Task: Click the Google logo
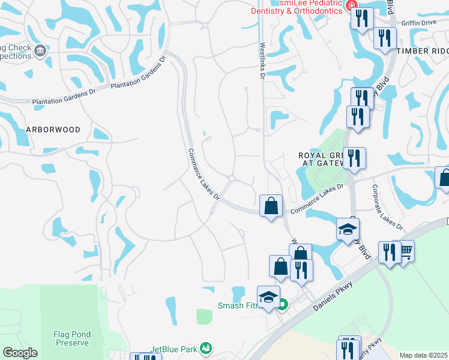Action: [x=19, y=353]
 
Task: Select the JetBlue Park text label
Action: [x=173, y=349]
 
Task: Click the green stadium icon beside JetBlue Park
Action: [x=206, y=348]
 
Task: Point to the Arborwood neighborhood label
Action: [x=53, y=129]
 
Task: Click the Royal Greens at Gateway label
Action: [x=321, y=159]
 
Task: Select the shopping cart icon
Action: [x=406, y=251]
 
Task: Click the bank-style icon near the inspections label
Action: [x=40, y=50]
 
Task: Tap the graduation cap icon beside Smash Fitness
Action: [x=268, y=296]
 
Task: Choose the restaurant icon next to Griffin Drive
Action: [x=385, y=37]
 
